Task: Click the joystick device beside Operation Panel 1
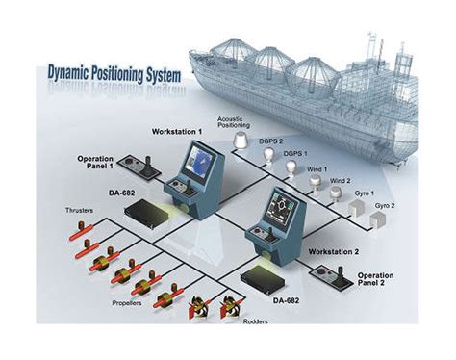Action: coord(153,165)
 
